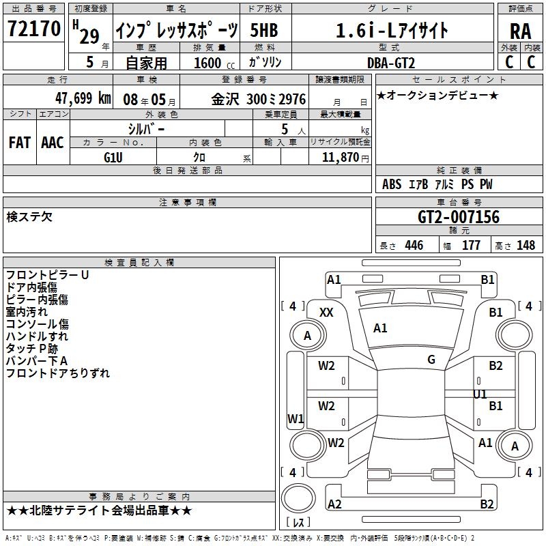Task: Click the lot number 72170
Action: point(33,28)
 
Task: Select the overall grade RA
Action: point(520,31)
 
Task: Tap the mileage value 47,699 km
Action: point(83,98)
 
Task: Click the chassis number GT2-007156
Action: point(458,216)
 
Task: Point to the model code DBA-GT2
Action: point(391,63)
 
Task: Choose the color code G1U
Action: point(113,158)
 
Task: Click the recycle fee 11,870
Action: point(340,158)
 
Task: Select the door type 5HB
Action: point(264,30)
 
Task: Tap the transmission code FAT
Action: point(20,143)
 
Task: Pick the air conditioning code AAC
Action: point(53,143)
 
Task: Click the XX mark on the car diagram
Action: point(326,313)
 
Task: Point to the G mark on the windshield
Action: point(431,359)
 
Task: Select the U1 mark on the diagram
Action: point(480,394)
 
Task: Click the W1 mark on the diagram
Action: point(296,418)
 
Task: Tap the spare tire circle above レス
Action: point(298,498)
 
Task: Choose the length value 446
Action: point(414,245)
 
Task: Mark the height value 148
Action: point(526,245)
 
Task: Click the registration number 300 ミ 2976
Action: point(276,99)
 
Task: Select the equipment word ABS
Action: point(392,184)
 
